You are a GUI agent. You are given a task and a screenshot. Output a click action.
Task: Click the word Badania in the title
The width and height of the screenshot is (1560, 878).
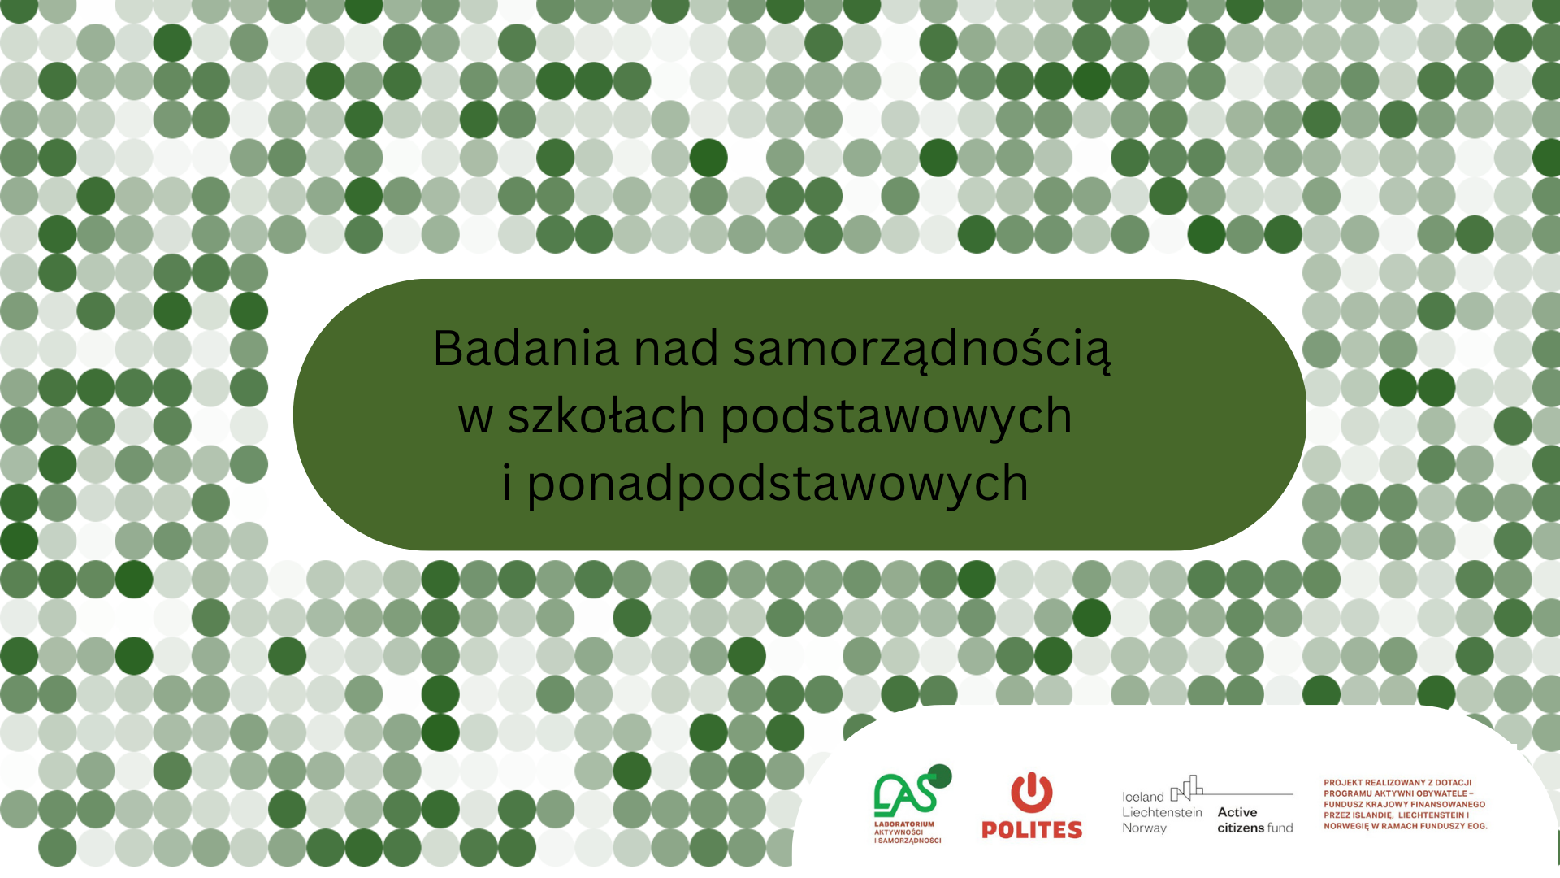pos(526,348)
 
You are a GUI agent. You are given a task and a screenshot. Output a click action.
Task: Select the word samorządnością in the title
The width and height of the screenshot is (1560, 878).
pos(921,350)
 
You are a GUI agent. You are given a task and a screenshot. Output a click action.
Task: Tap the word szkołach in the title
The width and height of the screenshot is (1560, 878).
pos(605,415)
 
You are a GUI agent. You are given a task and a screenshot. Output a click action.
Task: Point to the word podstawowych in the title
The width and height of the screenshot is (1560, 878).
pos(896,417)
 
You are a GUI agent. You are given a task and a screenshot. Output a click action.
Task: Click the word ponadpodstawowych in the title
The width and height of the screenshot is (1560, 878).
pos(778,484)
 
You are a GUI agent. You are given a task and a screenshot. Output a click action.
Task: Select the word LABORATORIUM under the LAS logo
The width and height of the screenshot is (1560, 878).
pos(903,824)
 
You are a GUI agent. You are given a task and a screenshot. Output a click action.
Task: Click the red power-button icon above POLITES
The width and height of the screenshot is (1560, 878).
pos(1031,792)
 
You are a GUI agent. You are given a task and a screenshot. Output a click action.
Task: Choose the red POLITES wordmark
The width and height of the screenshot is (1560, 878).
pos(1032,830)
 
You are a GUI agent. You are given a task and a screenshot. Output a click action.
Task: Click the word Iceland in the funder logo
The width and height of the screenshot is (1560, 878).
pos(1142,797)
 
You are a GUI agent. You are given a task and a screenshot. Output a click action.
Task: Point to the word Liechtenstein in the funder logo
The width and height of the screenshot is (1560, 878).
pos(1162,812)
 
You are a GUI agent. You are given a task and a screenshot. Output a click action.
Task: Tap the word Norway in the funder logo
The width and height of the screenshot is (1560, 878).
pos(1144,828)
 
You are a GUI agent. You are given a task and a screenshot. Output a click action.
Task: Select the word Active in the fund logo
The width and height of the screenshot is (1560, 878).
pos(1237,812)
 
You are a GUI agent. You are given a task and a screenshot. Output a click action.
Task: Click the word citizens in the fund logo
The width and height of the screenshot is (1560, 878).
pos(1240,828)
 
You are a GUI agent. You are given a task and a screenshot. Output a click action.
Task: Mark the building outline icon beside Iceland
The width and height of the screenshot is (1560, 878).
pos(1186,788)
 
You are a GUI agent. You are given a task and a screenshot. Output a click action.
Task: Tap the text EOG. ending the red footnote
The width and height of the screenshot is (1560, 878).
pos(1476,826)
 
